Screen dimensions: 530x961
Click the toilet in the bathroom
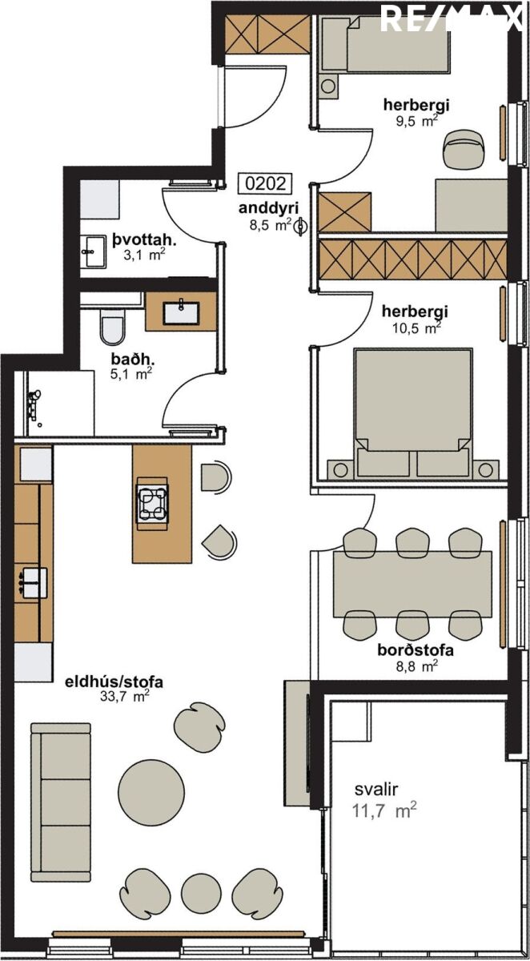coord(113,328)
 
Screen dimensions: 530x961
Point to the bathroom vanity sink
coord(182,312)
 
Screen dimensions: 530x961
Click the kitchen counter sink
coord(33,583)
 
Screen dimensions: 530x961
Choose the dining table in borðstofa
coord(412,584)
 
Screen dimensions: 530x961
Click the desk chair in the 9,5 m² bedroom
coord(464,148)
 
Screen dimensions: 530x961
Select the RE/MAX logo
coord(451,18)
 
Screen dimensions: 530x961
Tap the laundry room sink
coord(94,251)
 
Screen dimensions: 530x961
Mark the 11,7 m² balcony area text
coord(384,810)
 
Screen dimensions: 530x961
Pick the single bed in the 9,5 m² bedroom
coord(384,44)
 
